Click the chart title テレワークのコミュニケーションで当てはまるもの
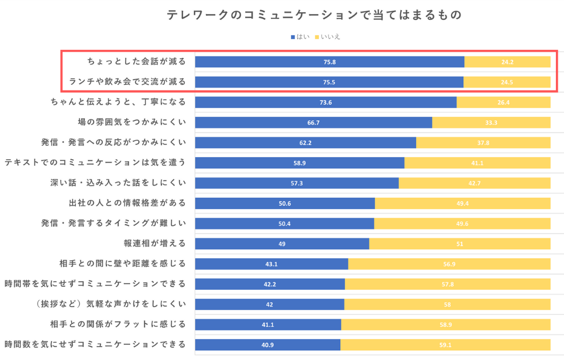click(314, 15)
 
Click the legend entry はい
click(300, 37)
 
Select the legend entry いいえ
click(328, 37)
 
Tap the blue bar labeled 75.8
click(330, 62)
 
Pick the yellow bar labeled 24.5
click(507, 82)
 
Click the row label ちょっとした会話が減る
click(136, 62)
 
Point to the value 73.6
click(325, 102)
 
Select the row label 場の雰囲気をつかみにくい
click(132, 122)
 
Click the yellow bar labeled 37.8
click(483, 142)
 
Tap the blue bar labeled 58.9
click(300, 163)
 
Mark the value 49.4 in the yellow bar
click(462, 203)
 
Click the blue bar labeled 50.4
click(284, 223)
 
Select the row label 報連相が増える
click(155, 243)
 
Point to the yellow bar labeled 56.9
click(449, 264)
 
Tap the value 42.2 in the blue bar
click(270, 284)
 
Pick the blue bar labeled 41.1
click(268, 324)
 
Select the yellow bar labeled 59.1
click(445, 345)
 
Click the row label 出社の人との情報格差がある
click(127, 203)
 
